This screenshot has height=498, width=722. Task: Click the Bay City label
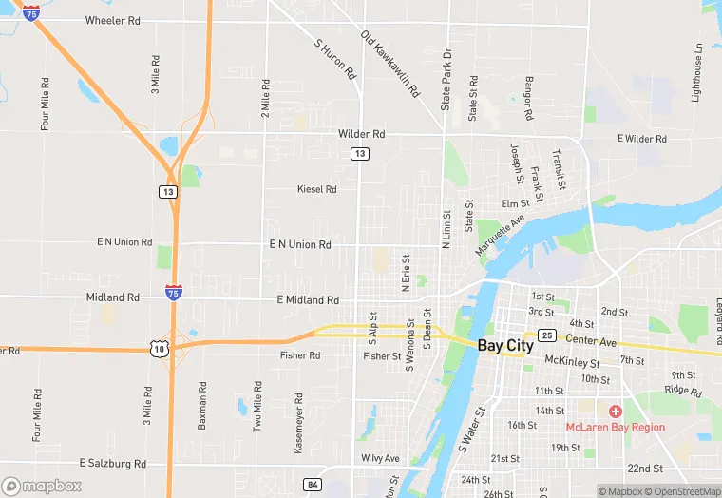[x=505, y=346]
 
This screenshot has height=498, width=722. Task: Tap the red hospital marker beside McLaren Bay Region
[x=616, y=412]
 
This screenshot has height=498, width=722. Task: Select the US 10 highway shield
[x=158, y=349]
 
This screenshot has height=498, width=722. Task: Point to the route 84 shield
[x=313, y=485]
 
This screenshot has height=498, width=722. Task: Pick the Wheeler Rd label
[x=112, y=20]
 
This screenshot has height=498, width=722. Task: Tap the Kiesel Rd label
[x=316, y=189]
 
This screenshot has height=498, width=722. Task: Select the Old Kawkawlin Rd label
[x=389, y=65]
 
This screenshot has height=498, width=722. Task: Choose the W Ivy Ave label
[x=380, y=458]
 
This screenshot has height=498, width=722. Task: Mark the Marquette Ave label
[x=501, y=234]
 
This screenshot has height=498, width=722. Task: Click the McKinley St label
[x=572, y=362]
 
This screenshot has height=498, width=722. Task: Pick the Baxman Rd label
[x=201, y=406]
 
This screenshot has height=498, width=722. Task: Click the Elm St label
[x=515, y=203]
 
